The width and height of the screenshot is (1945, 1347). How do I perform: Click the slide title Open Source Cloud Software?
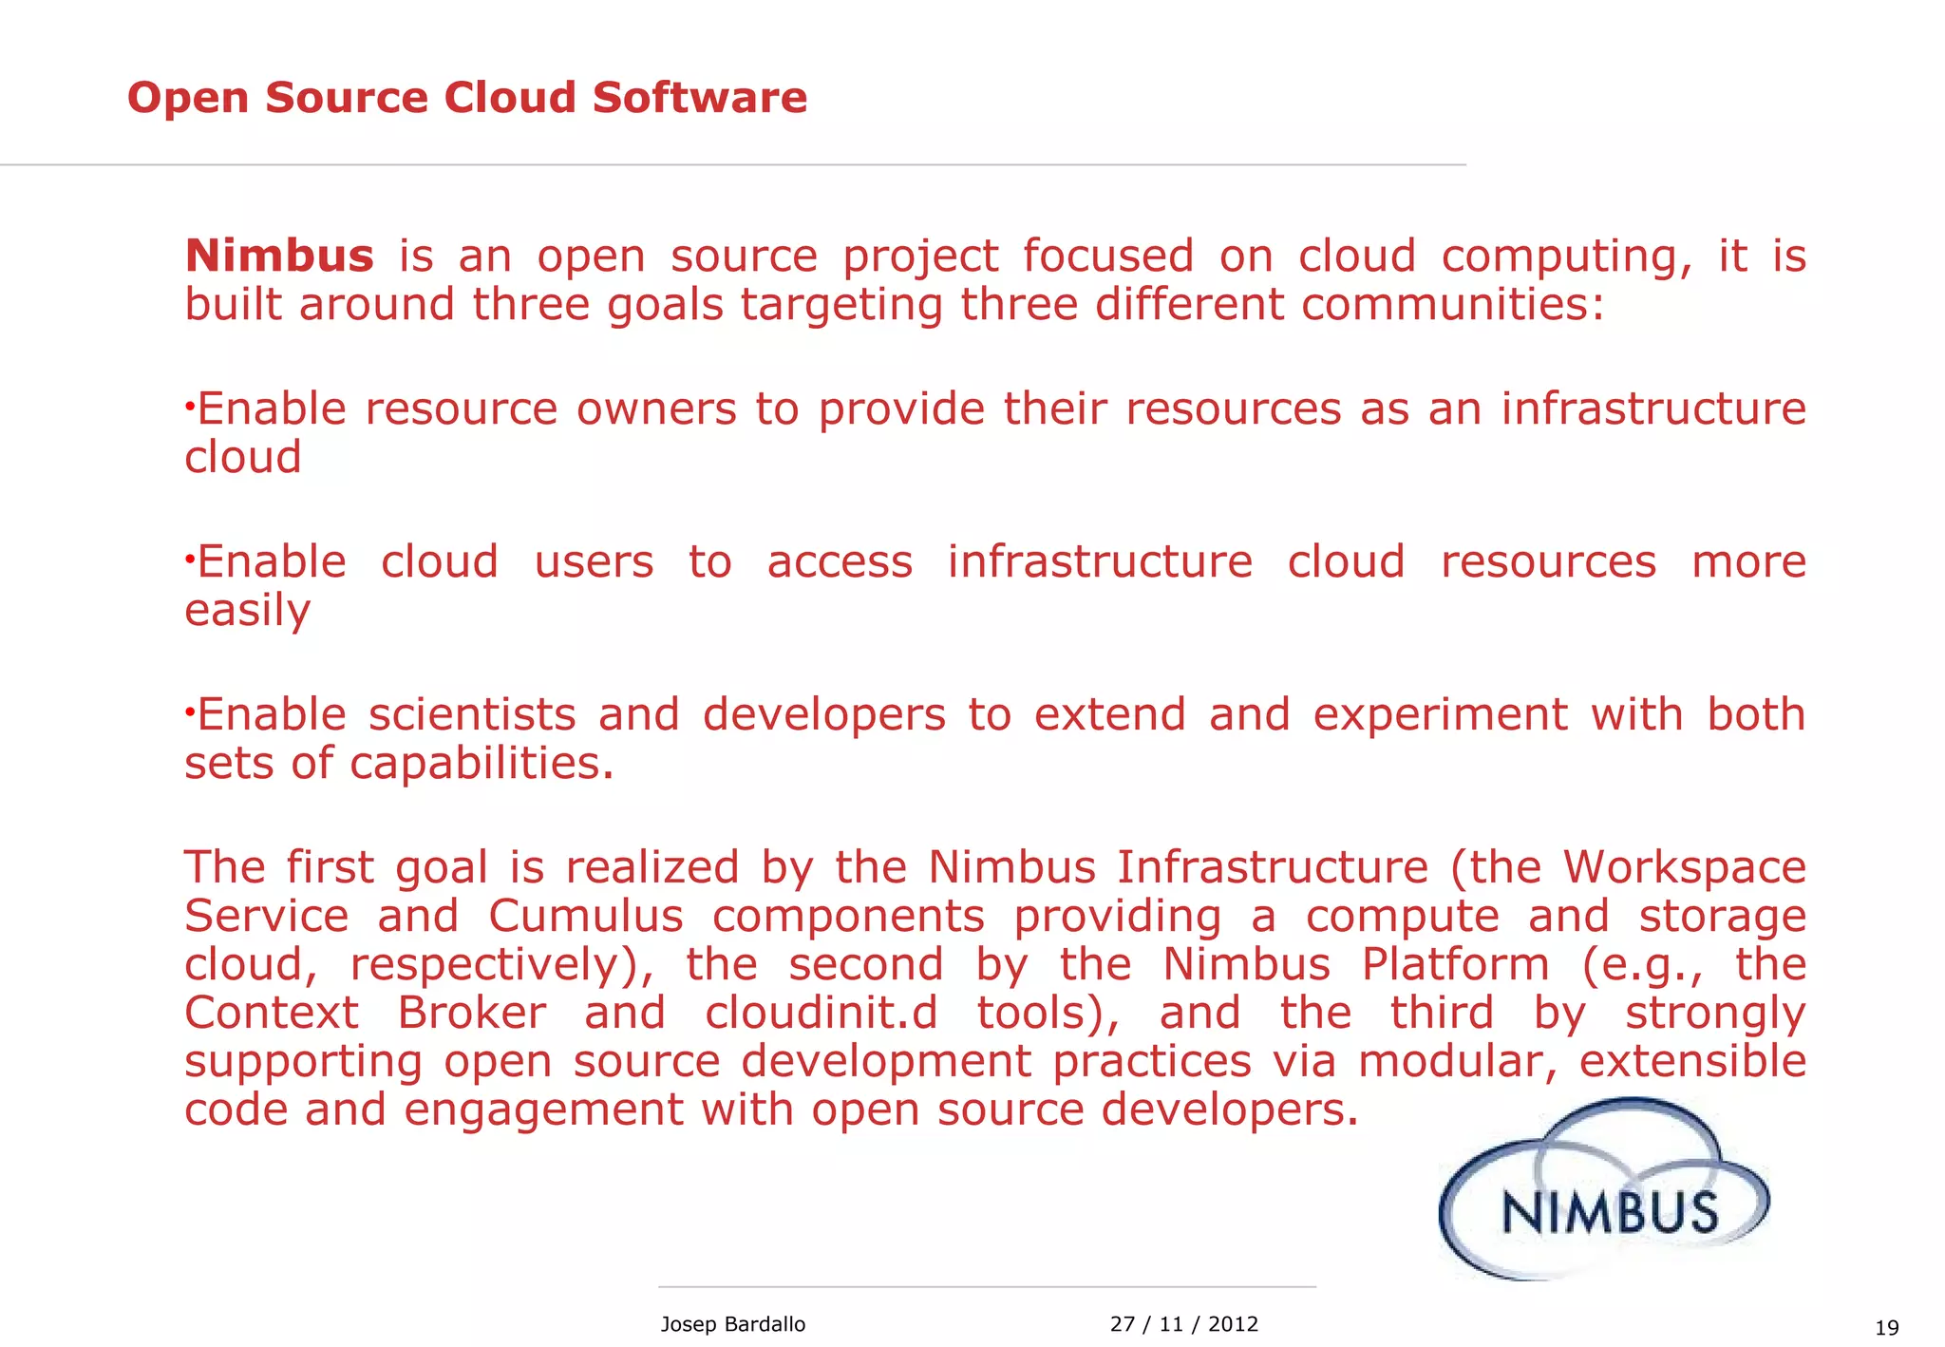pos(466,98)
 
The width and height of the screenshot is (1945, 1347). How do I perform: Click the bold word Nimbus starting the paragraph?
pos(279,256)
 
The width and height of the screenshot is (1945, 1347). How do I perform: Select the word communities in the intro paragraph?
pos(1452,305)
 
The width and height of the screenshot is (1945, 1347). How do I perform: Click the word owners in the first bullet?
pos(656,409)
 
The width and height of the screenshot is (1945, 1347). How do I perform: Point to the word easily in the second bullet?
pos(247,611)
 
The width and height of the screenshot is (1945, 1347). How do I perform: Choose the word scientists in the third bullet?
pos(472,714)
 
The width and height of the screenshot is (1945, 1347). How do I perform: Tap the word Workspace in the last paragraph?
pos(1684,867)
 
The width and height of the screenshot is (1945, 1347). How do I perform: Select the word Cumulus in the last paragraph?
pos(586,916)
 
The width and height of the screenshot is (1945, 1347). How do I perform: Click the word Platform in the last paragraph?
pos(1455,964)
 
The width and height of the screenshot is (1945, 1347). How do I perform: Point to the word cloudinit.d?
pos(821,1013)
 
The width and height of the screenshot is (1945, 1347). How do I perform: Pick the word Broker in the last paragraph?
pos(471,1013)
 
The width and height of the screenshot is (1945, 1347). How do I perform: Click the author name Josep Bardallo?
pos(732,1324)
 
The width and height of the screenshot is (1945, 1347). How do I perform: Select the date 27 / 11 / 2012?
pos(1183,1324)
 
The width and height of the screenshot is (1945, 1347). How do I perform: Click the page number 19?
pos(1886,1328)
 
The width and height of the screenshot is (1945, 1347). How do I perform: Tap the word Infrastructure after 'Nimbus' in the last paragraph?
pos(1272,867)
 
